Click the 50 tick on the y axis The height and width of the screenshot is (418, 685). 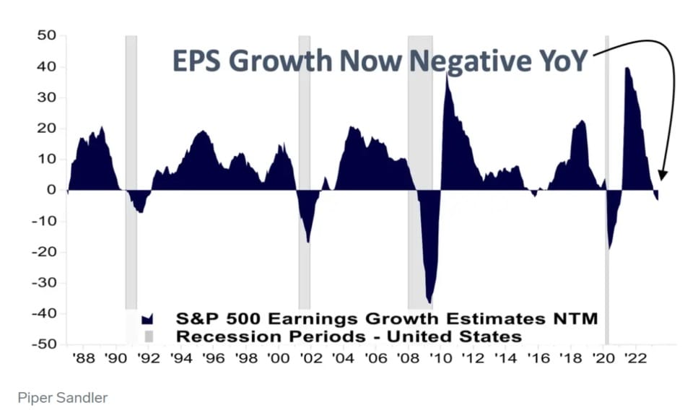click(46, 35)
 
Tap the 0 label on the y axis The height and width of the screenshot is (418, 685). click(51, 190)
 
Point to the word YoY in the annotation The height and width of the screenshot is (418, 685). click(564, 61)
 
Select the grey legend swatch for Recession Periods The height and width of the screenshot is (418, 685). click(149, 336)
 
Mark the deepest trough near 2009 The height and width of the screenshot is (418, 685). click(430, 302)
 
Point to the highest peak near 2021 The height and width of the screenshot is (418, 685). click(627, 68)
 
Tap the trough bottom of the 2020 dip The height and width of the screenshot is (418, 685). click(610, 248)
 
